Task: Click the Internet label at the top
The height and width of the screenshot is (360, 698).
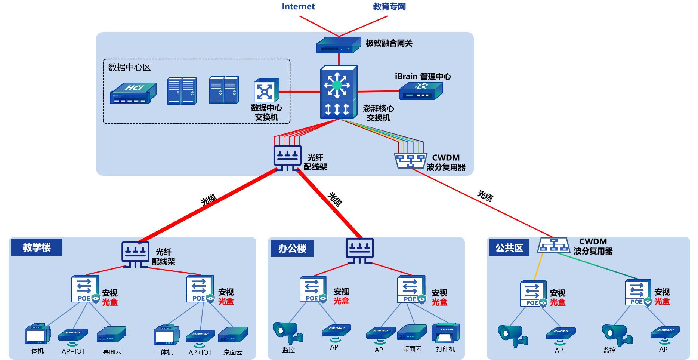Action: click(x=298, y=6)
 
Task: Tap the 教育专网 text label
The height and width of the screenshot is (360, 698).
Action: click(x=389, y=6)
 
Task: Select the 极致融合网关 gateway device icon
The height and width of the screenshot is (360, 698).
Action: click(x=338, y=45)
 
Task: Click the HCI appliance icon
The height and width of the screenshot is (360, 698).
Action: click(x=133, y=93)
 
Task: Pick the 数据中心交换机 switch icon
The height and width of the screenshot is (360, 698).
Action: click(x=266, y=90)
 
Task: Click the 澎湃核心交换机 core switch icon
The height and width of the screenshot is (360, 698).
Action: click(x=339, y=92)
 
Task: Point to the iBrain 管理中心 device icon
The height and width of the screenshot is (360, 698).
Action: click(x=421, y=91)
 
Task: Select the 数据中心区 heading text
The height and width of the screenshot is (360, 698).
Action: click(x=129, y=67)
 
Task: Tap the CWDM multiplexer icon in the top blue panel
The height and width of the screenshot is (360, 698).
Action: click(x=410, y=160)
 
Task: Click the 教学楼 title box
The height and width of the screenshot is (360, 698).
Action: click(x=37, y=247)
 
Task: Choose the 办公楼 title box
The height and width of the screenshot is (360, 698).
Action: click(x=292, y=249)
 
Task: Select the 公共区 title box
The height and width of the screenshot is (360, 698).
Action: click(x=509, y=248)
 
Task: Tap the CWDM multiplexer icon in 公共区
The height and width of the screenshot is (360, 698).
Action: click(x=554, y=245)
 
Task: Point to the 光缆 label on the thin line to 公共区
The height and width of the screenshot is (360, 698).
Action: click(x=485, y=196)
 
